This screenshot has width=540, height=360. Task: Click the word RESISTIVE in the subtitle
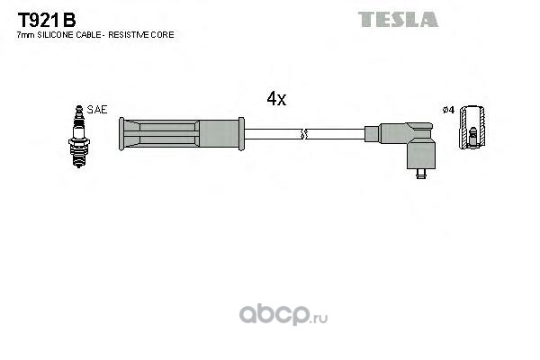[130, 34]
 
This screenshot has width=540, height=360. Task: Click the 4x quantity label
[276, 100]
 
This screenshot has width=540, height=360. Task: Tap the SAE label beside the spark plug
[98, 109]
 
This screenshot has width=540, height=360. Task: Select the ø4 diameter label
[448, 110]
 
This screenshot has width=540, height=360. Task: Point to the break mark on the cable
[304, 134]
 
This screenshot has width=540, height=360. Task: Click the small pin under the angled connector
[420, 173]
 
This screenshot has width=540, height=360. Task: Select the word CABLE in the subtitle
[84, 34]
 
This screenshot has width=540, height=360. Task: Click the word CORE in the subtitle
[162, 34]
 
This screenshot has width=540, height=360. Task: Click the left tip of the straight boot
[124, 134]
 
